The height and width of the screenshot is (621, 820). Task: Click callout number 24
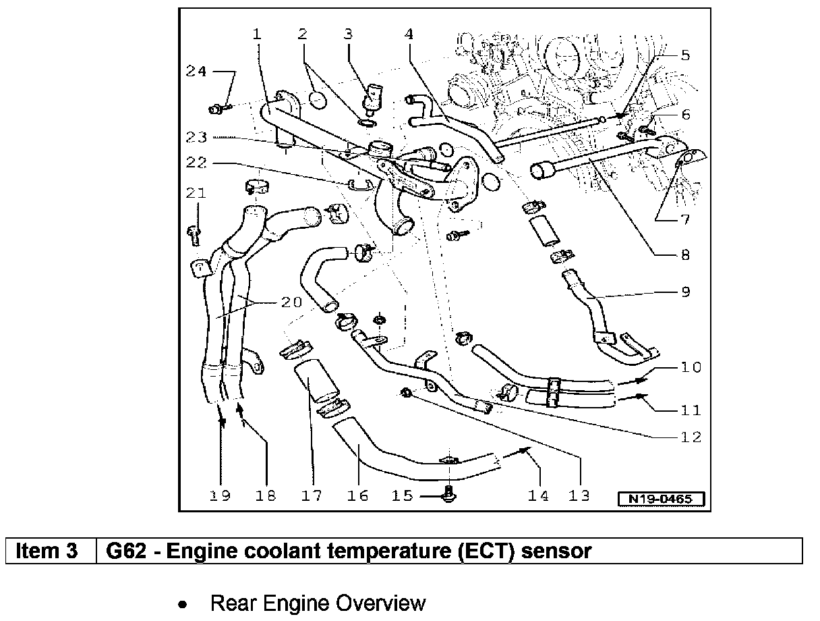pyautogui.click(x=196, y=72)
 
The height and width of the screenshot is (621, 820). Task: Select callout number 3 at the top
pyautogui.click(x=348, y=33)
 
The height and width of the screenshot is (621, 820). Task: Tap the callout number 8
pyautogui.click(x=684, y=256)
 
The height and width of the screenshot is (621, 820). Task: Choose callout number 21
pyautogui.click(x=196, y=194)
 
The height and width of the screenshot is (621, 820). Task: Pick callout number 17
pyautogui.click(x=312, y=496)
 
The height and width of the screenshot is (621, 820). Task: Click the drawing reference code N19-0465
pyautogui.click(x=662, y=500)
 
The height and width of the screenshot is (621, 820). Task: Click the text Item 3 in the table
pyautogui.click(x=47, y=551)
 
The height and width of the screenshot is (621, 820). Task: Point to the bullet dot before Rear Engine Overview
pyautogui.click(x=181, y=604)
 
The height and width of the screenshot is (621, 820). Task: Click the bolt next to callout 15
pyautogui.click(x=448, y=497)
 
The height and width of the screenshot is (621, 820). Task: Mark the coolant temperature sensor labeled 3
pyautogui.click(x=370, y=99)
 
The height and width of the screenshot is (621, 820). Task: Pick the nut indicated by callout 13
pyautogui.click(x=407, y=392)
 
